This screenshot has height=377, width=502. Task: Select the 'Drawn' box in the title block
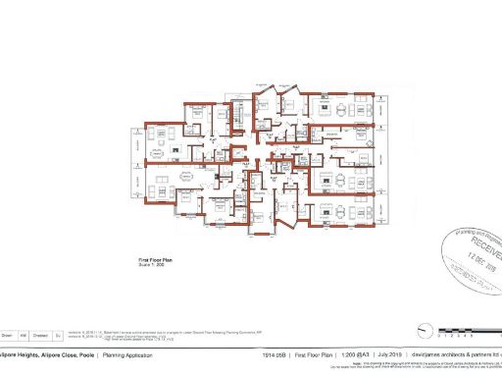pyautogui.click(x=8, y=335)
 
